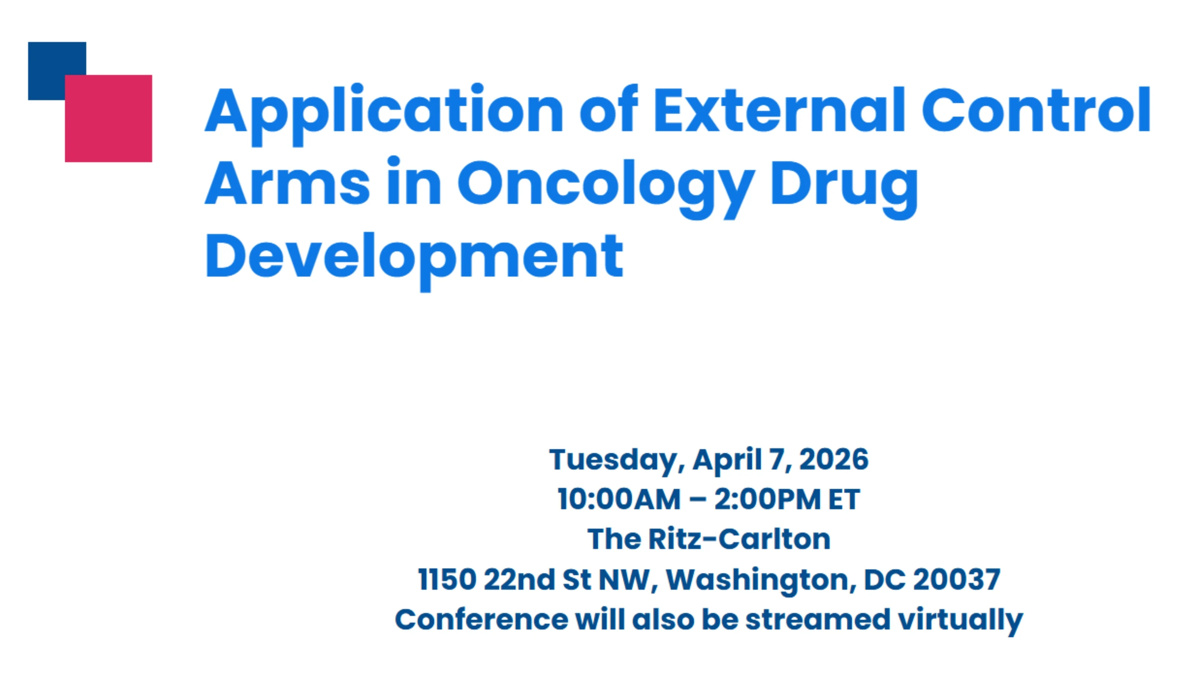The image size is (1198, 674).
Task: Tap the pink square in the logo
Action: click(x=108, y=119)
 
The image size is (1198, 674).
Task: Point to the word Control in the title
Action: click(x=1036, y=110)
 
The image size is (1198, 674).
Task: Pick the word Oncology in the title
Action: click(x=606, y=188)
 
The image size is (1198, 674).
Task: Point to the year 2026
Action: click(x=834, y=460)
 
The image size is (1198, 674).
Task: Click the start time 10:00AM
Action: click(x=619, y=500)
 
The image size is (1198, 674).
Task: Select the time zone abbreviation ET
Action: click(x=845, y=500)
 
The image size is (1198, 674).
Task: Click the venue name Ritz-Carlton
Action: click(x=740, y=539)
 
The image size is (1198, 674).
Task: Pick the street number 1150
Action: click(x=447, y=580)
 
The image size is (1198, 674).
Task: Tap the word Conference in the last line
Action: click(x=481, y=620)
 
